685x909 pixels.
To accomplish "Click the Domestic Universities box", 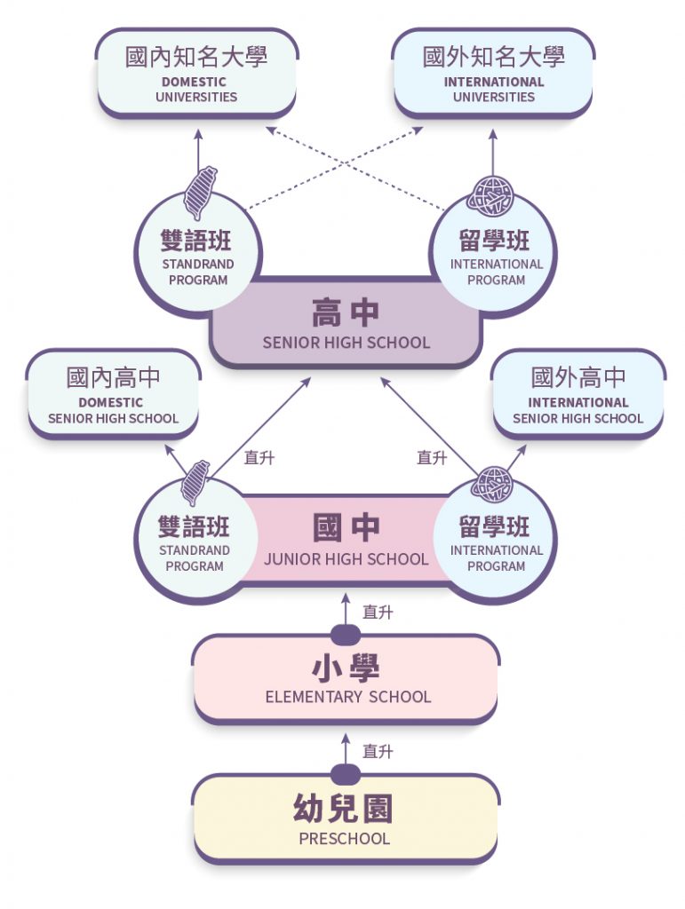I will pos(196,73).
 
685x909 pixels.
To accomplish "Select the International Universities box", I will pos(493,73).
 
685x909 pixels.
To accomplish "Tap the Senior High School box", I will pos(346,325).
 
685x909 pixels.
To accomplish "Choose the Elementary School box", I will pos(346,679).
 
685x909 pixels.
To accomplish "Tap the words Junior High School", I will pos(346,559).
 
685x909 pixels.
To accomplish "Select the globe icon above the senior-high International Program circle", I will pos(492,197).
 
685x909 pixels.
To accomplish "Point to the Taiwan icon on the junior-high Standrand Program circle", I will pos(195,482).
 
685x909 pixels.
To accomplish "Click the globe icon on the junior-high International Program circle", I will pos(491,484).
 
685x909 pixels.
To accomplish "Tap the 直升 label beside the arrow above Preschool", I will pos(378,752).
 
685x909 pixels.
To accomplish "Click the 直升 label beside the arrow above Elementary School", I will pos(378,612).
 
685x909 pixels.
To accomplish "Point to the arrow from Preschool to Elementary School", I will pos(346,751).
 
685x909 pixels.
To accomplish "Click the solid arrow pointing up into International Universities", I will pos(493,151).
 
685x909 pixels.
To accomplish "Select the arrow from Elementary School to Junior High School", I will pos(346,611).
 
